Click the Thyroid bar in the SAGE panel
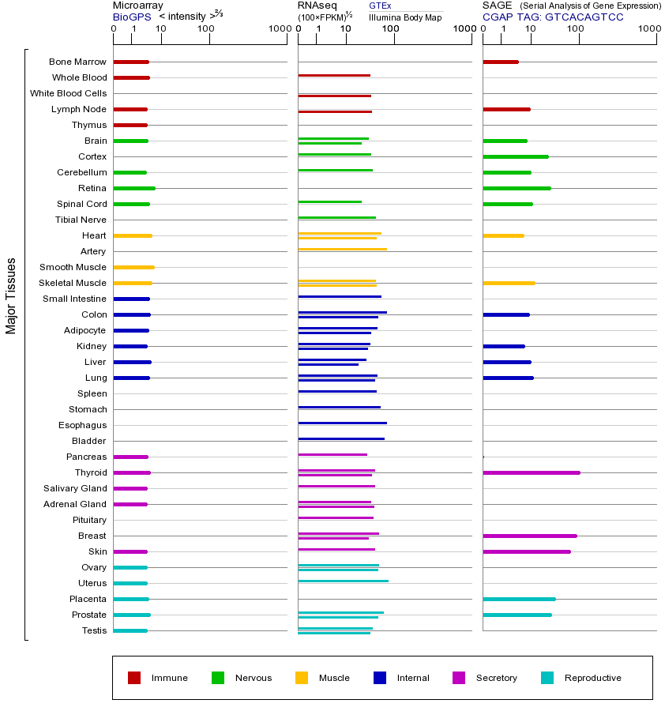pos(531,472)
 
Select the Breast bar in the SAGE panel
pos(529,536)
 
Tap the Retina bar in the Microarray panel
pos(134,188)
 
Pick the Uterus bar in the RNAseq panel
pos(343,581)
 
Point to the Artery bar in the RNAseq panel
pos(342,249)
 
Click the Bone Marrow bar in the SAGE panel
pos(500,62)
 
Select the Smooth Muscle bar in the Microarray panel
pos(133,267)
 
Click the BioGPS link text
pos(132,16)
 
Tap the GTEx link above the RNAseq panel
pos(380,6)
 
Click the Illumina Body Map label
pos(405,17)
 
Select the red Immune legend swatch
pos(134,678)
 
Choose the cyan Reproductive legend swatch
pos(548,678)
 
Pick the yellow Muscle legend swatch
pos(302,678)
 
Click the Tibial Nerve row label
pos(81,220)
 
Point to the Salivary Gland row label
pos(75,488)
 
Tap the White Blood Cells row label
pos(68,93)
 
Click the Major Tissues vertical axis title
pos(11,295)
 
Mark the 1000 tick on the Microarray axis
pos(277,28)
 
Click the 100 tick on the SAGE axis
pos(575,28)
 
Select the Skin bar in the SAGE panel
pos(526,551)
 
